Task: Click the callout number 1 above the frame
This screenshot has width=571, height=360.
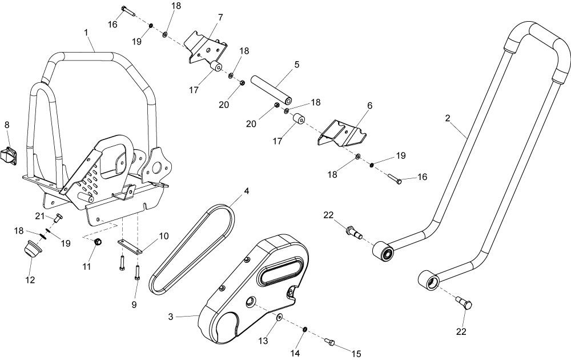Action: (x=86, y=33)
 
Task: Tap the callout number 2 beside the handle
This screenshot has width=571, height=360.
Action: (x=448, y=118)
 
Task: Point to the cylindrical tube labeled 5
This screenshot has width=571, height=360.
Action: (x=273, y=90)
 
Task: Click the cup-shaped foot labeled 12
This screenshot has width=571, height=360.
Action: (x=31, y=249)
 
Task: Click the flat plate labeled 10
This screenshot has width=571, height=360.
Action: (x=129, y=247)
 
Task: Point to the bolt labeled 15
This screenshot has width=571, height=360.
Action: (x=329, y=341)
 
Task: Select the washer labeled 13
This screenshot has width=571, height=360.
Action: (x=279, y=317)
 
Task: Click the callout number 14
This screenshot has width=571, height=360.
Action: (x=295, y=353)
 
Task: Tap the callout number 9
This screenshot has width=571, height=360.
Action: (x=134, y=305)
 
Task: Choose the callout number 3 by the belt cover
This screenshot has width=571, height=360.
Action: (x=170, y=317)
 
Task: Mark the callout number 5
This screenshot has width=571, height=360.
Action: (x=297, y=65)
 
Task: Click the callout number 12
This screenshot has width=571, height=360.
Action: (x=30, y=280)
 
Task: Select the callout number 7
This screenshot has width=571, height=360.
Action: (x=220, y=17)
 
